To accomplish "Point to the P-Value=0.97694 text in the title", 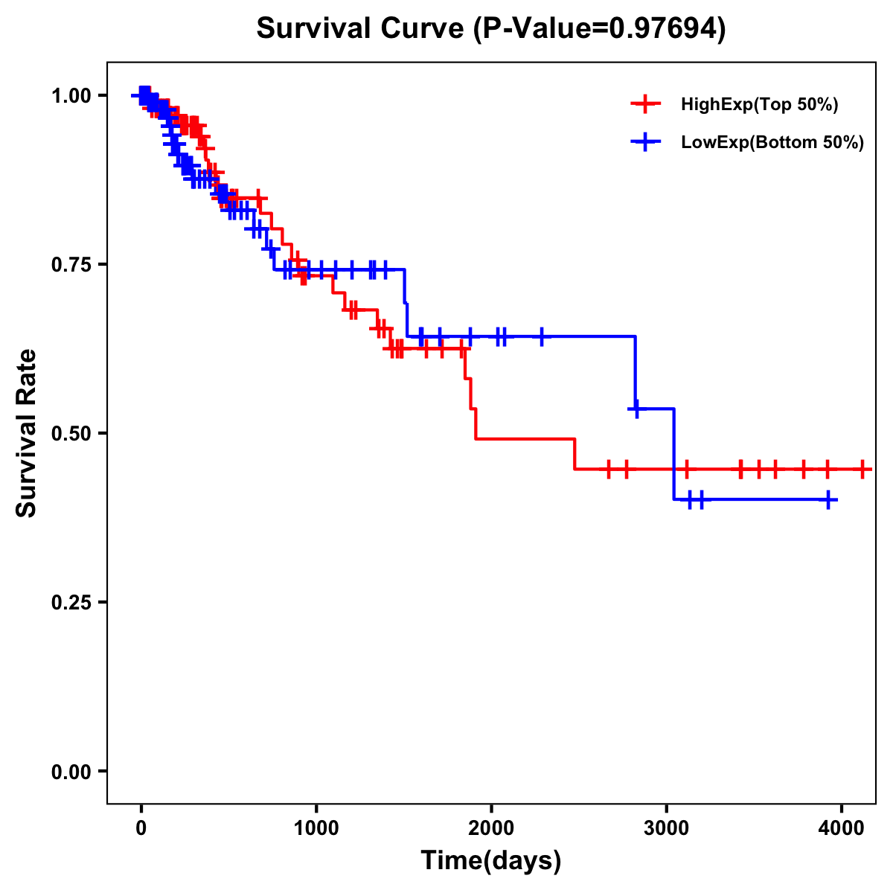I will coord(600,28).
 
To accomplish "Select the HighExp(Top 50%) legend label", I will coord(759,105).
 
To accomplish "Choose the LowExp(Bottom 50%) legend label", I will coord(772,142).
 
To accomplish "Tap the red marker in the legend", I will coord(646,104).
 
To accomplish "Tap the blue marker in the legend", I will coord(646,141).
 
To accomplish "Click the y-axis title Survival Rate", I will coord(27,433).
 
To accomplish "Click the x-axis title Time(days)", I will coord(491,861).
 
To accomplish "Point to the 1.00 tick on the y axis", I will coord(71,95).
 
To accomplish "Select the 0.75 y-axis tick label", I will coord(71,264).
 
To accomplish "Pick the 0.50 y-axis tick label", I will coord(71,433).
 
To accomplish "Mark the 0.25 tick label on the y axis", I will coord(71,602).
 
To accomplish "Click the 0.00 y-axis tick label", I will coord(71,771).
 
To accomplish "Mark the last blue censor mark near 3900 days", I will coord(828,500).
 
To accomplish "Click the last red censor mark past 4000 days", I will coord(862,470).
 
